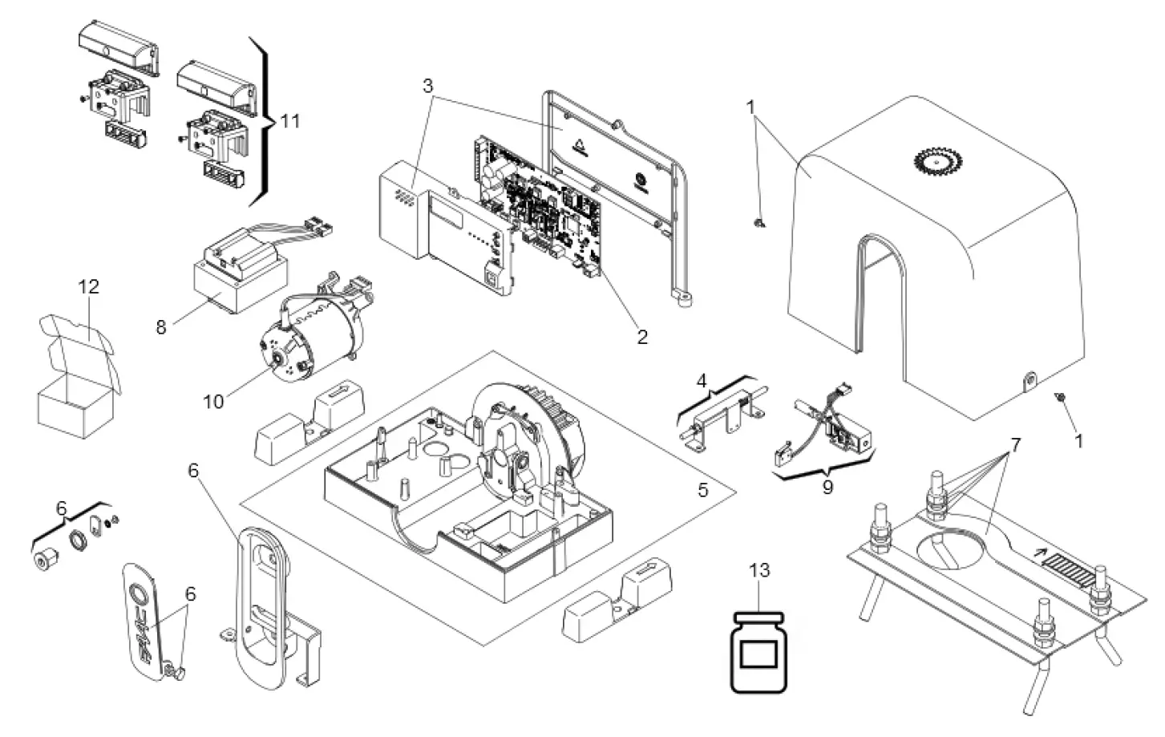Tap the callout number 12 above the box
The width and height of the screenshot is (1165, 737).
coord(88,286)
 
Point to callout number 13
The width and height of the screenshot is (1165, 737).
coord(759,570)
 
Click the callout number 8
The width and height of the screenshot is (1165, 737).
coord(161,328)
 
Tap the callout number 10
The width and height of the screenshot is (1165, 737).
coord(213,401)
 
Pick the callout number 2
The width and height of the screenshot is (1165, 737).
coord(641,337)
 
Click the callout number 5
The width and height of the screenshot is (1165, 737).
coord(703,490)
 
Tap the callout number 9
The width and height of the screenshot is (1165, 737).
coord(827,486)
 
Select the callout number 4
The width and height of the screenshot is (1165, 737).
coord(702,380)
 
